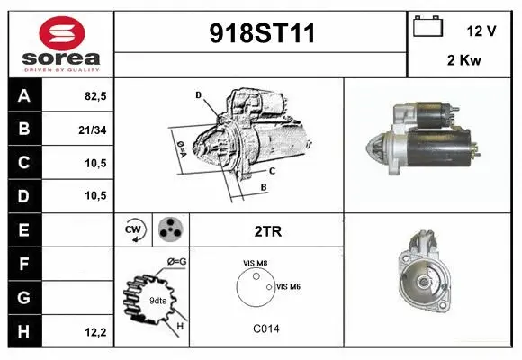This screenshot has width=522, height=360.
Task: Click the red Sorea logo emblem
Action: (62, 33)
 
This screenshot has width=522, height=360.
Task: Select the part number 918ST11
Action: (262, 33)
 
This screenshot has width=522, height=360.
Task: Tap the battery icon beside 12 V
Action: (427, 26)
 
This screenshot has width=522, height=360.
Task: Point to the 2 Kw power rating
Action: (464, 60)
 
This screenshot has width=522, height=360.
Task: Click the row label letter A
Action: (24, 96)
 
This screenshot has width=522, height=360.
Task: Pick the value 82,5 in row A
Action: (95, 96)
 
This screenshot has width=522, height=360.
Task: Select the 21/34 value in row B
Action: (93, 130)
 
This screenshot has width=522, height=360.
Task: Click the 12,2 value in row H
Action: (95, 332)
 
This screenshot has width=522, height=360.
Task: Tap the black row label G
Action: (24, 297)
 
